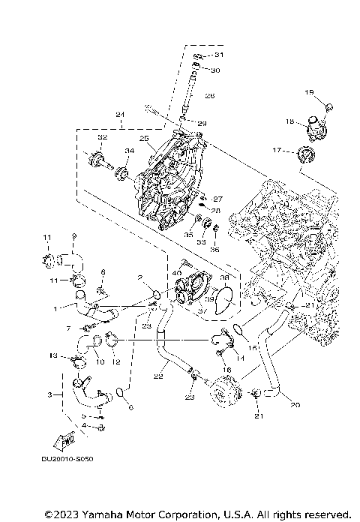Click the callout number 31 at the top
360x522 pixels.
click(x=219, y=55)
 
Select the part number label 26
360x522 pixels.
click(x=210, y=96)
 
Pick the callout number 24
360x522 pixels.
click(x=119, y=115)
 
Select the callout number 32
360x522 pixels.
click(x=102, y=139)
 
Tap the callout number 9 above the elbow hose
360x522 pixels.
click(x=73, y=236)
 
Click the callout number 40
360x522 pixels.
click(x=177, y=272)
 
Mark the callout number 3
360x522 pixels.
click(x=49, y=394)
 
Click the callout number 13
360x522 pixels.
click(x=53, y=355)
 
